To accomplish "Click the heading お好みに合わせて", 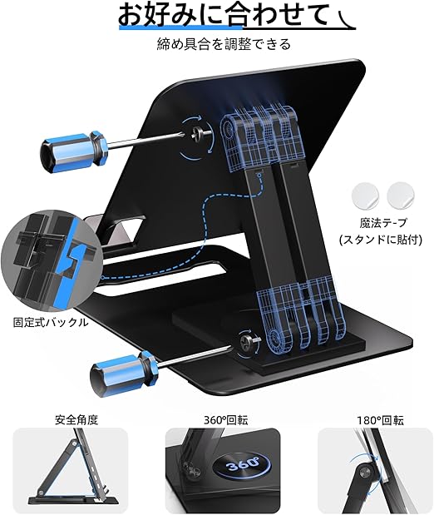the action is tap(223, 14).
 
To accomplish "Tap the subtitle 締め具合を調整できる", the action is tap(224, 44).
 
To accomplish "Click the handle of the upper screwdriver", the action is tap(74, 150).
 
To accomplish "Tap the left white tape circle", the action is tap(366, 196).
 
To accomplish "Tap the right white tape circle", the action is tap(401, 196).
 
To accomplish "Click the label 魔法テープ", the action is tap(383, 223).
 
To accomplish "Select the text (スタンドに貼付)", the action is tap(381, 240).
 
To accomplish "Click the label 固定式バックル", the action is tap(51, 322).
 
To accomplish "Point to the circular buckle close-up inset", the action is tap(50, 260).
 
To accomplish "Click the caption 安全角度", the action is tap(76, 420).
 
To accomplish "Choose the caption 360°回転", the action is tap(226, 420).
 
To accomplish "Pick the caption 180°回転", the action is tap(381, 420).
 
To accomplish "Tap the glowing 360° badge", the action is tap(242, 465).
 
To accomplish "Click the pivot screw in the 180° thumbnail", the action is tap(363, 473).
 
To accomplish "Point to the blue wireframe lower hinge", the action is tap(303, 315).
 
